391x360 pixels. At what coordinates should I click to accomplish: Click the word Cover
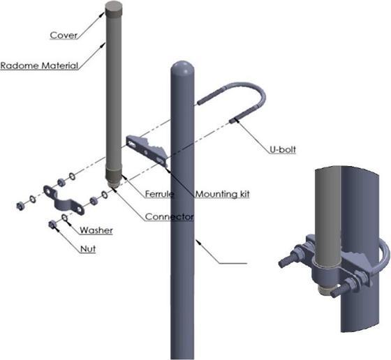64,35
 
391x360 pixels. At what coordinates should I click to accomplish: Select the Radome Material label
39,66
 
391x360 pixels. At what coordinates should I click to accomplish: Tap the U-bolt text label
283,149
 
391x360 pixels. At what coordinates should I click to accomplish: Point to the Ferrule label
159,194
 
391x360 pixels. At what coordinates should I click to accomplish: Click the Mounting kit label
223,194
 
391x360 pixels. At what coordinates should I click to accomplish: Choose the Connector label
169,217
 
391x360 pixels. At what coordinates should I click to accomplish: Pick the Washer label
96,230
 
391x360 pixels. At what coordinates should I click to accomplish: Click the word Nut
88,249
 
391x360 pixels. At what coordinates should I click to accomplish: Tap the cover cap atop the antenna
114,8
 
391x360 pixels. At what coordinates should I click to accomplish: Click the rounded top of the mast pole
182,68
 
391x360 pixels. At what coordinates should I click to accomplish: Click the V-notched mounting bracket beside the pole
147,150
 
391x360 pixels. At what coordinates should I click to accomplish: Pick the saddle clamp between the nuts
64,202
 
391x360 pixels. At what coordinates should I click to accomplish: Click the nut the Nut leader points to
52,225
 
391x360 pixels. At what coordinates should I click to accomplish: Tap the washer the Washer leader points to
64,218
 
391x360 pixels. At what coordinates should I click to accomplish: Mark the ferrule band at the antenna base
114,174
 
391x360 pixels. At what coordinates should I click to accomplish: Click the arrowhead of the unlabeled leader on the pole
198,241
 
